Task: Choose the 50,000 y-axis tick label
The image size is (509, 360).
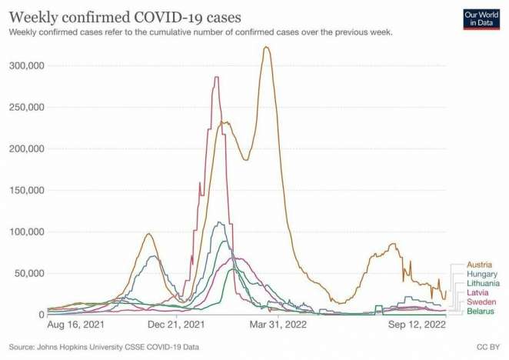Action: point(28,273)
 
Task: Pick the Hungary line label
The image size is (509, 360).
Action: point(481,274)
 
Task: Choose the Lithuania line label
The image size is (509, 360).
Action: point(483,283)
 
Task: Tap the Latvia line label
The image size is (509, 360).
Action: point(477,292)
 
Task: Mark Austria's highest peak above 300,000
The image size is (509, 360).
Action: point(266,48)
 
